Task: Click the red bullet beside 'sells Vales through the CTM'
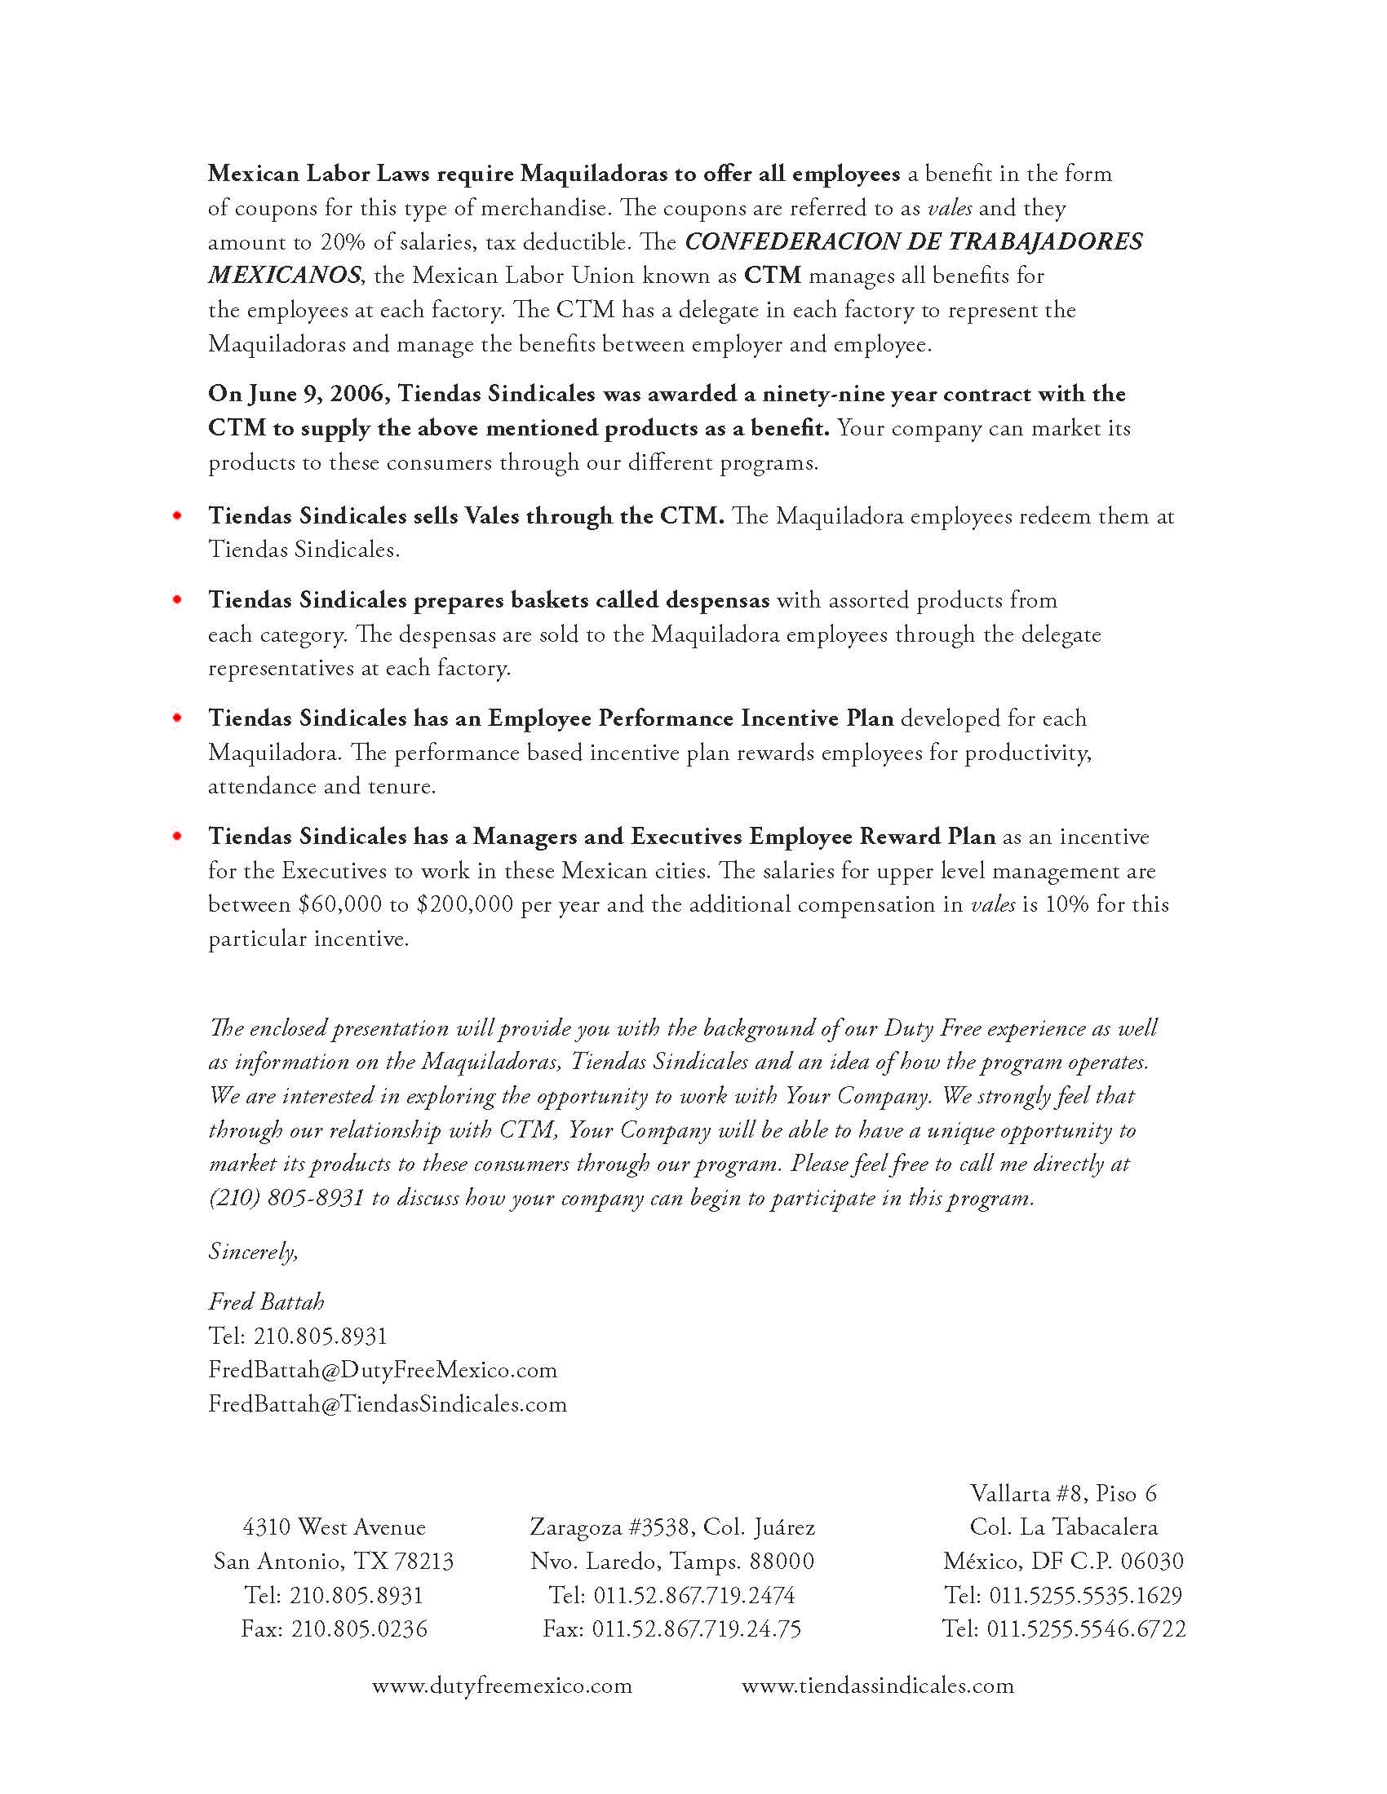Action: point(177,516)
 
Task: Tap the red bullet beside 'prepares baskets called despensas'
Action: point(177,599)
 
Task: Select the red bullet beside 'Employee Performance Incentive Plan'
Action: point(177,718)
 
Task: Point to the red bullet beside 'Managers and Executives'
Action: point(177,836)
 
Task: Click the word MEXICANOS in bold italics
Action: point(283,275)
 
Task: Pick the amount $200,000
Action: point(464,904)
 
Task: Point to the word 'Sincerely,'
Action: point(253,1251)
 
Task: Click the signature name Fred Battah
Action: point(266,1302)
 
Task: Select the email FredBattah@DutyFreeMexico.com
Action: point(383,1370)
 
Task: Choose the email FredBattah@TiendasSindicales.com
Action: point(388,1404)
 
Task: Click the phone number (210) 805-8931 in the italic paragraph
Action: point(286,1199)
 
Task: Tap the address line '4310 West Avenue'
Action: point(334,1527)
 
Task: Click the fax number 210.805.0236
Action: point(359,1629)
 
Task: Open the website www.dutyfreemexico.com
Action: point(502,1686)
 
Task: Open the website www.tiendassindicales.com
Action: point(878,1686)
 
